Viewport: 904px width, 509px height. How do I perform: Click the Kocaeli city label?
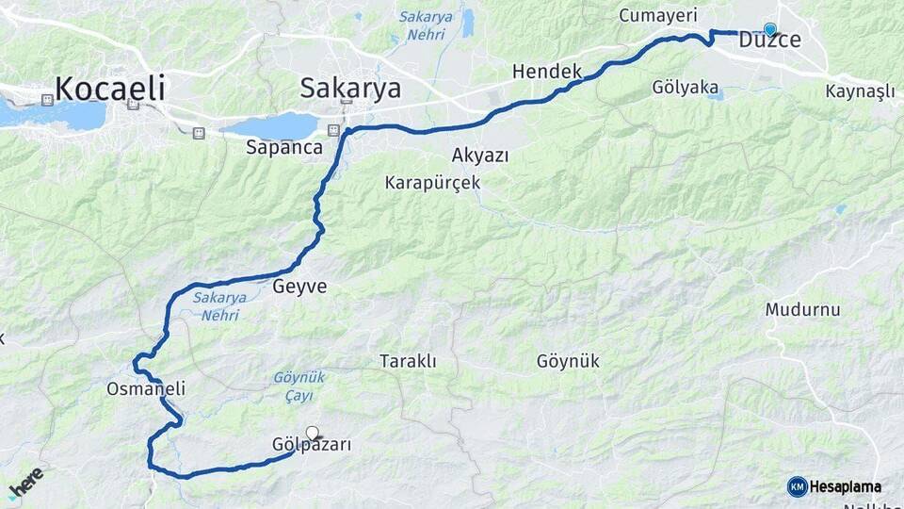coord(110,89)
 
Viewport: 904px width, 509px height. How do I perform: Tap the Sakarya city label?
coord(350,89)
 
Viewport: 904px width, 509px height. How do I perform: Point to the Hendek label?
coord(546,72)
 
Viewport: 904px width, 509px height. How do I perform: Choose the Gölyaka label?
coord(685,87)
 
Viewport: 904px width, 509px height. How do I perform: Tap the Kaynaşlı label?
coord(860,91)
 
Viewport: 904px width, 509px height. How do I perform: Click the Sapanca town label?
coord(283,147)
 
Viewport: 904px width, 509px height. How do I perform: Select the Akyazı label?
coord(480,156)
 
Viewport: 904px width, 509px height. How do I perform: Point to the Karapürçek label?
coord(432,182)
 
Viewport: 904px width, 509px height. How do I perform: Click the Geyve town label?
coord(299,287)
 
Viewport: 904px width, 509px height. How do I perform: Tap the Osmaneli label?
coord(146,388)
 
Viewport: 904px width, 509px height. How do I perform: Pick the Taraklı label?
coord(408,361)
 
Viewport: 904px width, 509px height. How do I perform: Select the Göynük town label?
coord(568,361)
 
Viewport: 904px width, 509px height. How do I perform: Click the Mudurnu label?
coord(802,309)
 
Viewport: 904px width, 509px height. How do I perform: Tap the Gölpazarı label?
coord(311,445)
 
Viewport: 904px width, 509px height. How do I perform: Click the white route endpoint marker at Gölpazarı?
coord(313,433)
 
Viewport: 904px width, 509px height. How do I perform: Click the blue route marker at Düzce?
coord(770,29)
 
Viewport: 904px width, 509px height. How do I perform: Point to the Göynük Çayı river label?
coord(299,386)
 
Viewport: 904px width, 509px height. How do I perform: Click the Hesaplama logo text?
coord(845,486)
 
